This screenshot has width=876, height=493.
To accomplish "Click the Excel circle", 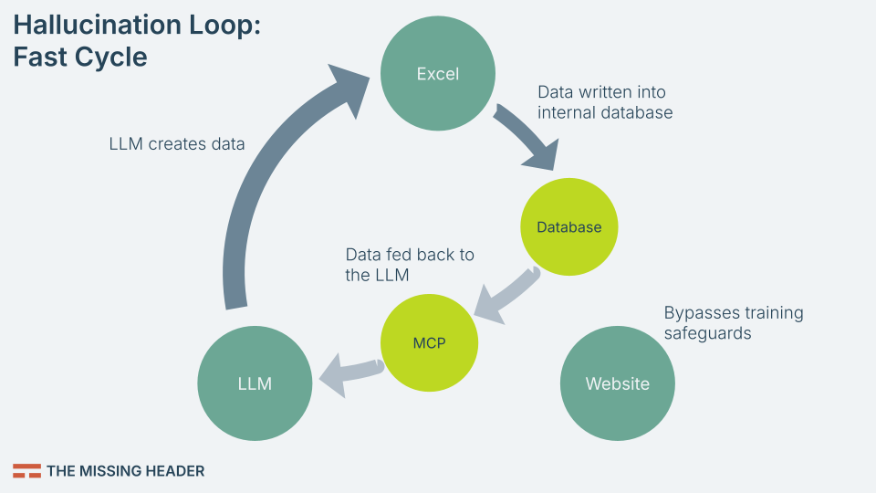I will pos(437,74).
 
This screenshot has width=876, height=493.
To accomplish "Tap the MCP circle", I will pos(428,343).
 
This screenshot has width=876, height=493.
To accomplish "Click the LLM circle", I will pos(255,383).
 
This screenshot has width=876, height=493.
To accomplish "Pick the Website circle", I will pos(617,383).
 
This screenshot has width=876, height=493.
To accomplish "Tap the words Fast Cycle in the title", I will pos(79,57).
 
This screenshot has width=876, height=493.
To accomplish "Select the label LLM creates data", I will pos(177,143).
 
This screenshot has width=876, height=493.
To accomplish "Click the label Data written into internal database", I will pos(604,102).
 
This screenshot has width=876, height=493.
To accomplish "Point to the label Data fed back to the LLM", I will pos(410,265).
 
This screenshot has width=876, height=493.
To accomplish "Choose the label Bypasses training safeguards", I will pos(733,323).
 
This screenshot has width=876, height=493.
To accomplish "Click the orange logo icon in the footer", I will pos(26,471).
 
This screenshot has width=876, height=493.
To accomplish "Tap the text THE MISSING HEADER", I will pos(125,471).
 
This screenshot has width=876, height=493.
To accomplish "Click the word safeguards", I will pos(707,333).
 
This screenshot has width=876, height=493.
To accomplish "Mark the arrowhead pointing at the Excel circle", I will pos(351,87).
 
